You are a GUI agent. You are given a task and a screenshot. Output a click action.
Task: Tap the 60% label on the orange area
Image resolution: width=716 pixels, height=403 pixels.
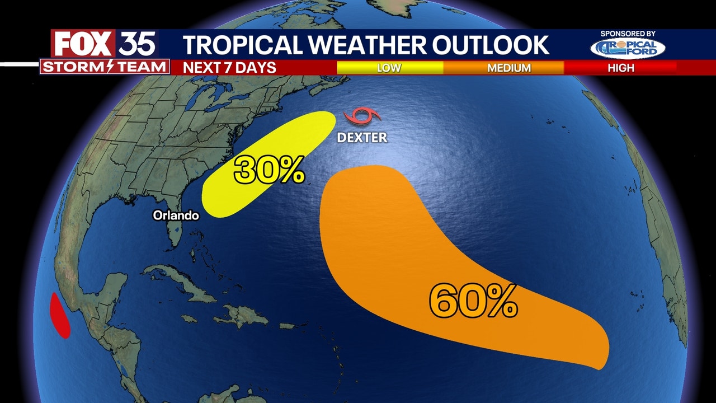coord(473,302)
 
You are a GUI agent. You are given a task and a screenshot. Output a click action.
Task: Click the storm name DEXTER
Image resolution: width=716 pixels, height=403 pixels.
coord(362,137)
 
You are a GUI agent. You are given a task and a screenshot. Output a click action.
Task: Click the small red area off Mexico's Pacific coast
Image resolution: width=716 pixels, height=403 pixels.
coord(60,316)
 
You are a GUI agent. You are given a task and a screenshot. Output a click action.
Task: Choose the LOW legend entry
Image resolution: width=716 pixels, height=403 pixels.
coord(389,68)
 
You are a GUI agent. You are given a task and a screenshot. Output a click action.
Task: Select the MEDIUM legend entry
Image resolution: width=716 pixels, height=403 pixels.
coord(508,68)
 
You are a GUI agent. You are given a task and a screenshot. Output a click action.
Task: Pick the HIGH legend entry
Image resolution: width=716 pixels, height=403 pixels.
coord(621,68)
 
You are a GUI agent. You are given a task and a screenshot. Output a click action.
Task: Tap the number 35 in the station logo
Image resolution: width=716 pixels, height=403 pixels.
coord(136,44)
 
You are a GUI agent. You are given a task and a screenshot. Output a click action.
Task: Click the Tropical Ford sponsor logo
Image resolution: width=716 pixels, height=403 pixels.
coord(628,48)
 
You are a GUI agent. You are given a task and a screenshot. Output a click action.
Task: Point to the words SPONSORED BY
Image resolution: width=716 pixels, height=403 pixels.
coord(628,34)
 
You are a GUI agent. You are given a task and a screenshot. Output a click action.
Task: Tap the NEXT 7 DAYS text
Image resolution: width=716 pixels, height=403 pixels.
coord(230,68)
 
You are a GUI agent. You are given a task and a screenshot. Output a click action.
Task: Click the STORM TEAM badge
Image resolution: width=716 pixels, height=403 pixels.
coord(105,67)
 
